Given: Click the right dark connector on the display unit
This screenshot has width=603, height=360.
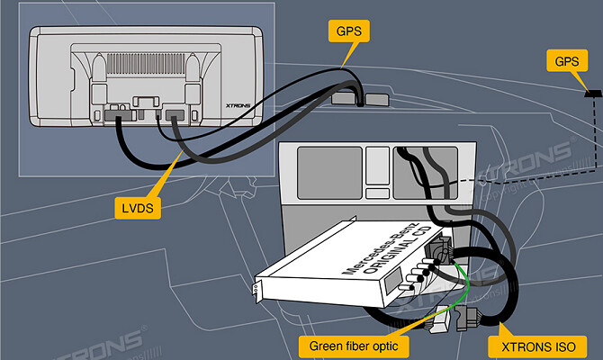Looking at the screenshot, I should tap(175, 115).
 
